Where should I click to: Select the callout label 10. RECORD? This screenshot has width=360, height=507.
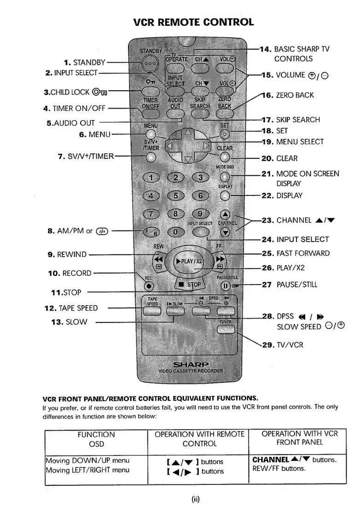pos(70,273)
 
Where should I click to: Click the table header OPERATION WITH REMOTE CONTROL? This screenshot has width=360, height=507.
pos(199,439)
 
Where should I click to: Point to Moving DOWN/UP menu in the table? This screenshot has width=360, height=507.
pos(87,461)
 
